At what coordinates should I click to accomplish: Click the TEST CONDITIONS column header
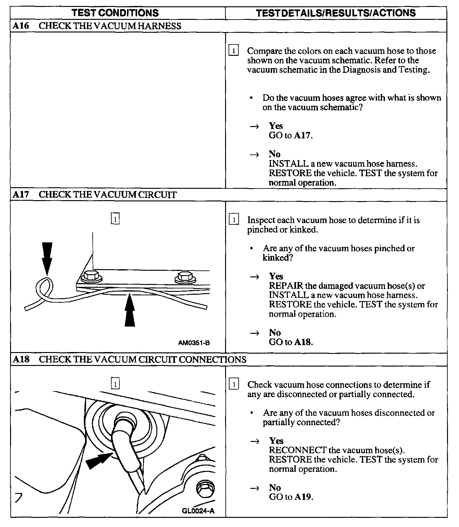115,13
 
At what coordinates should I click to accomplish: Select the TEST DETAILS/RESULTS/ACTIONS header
336,13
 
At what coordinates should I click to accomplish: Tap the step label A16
21,26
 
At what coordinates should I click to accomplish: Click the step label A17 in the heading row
21,194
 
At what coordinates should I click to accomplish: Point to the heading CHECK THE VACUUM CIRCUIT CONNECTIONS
142,359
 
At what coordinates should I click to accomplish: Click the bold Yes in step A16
276,126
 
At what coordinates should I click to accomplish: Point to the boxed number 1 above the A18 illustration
116,384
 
